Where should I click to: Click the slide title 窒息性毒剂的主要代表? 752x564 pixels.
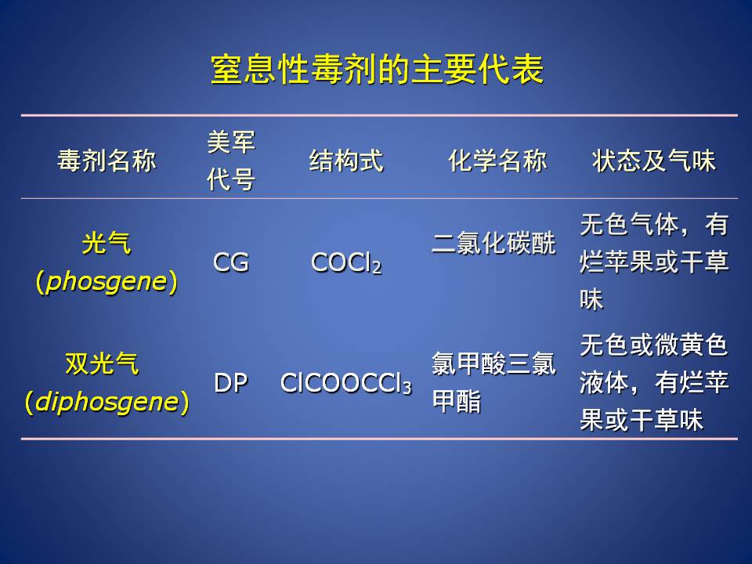coord(377,70)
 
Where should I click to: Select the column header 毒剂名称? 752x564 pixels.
coord(107,160)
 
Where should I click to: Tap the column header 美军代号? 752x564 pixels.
coord(231,161)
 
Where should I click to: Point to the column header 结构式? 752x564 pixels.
coord(346,160)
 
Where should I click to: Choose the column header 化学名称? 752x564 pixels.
coord(498,160)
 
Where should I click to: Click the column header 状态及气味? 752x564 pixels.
coord(654,160)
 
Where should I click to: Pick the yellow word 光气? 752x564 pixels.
coord(107,243)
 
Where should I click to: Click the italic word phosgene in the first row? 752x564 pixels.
coord(106,281)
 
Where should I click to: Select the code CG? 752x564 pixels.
coord(230,263)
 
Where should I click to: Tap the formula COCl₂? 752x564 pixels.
coord(346,263)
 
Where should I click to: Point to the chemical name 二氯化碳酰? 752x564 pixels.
coord(494,243)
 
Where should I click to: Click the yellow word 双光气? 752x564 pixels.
coord(102,363)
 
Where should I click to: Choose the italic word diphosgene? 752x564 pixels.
coord(107,402)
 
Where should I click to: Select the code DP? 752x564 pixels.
coord(230,383)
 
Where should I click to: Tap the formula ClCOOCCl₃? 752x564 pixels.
coord(346,384)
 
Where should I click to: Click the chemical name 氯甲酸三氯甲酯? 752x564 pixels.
coord(494,382)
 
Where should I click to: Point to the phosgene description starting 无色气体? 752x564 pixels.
coord(654,262)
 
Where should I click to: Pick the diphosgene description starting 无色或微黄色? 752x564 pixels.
coord(654,383)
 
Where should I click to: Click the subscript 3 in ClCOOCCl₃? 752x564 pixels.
coord(407,388)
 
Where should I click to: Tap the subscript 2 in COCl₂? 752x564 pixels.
coord(377,267)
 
